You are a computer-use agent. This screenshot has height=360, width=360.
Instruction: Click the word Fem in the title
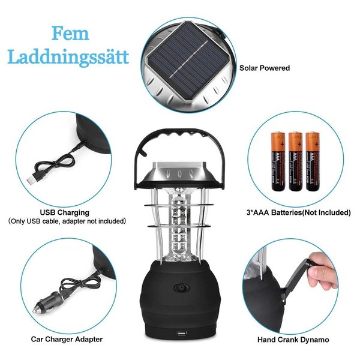click(70, 34)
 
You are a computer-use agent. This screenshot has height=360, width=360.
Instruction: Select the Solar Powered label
click(265, 68)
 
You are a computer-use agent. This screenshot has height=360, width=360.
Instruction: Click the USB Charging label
click(65, 212)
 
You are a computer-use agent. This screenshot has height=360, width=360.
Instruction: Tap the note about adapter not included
click(67, 221)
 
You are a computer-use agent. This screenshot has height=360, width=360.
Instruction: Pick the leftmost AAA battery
click(278, 161)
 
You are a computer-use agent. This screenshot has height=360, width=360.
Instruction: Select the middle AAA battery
click(295, 161)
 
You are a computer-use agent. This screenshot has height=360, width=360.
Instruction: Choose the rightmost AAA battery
click(313, 161)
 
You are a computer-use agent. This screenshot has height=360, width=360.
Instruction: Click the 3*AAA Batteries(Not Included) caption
click(298, 212)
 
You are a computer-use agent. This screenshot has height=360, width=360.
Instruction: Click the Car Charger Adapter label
click(67, 340)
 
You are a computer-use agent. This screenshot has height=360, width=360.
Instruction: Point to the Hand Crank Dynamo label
click(293, 340)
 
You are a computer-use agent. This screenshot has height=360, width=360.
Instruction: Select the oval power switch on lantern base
click(182, 288)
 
